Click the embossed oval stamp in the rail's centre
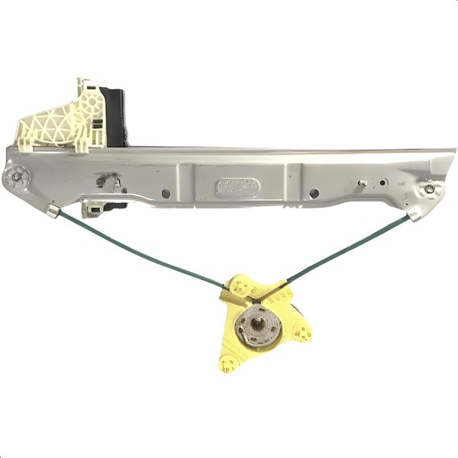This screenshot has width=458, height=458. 237,185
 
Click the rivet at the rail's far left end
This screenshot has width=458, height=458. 14,179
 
